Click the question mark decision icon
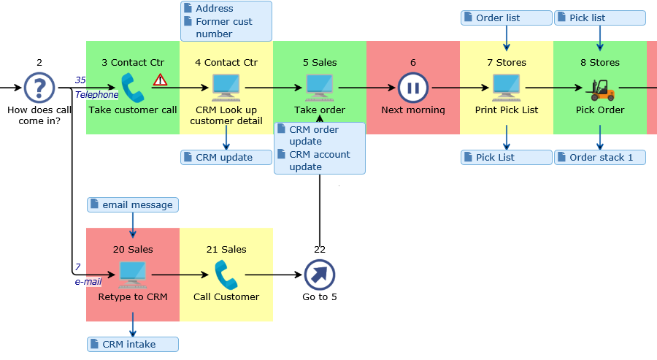pos(39,88)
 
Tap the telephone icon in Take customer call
pos(133,88)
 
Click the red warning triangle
pos(161,80)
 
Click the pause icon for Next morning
pos(413,88)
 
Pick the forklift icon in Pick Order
pos(600,90)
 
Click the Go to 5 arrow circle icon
pos(320,275)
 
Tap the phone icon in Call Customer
pos(226,275)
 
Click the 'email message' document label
pos(133,204)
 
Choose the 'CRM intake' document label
pos(133,344)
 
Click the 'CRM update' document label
pos(226,157)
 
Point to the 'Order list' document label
pos(507,18)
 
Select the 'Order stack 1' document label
pos(600,157)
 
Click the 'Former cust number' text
pos(223,28)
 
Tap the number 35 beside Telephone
pos(80,80)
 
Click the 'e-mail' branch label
pos(88,281)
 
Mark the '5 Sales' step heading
pos(320,63)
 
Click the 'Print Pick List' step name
pos(507,110)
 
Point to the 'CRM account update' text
pos(320,161)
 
